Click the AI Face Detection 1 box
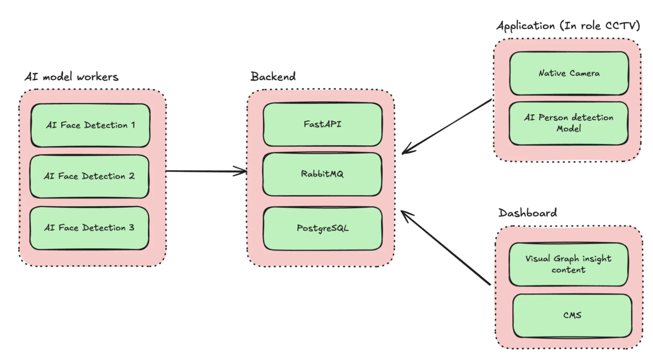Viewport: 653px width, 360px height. (x=90, y=125)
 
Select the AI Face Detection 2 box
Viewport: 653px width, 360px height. (x=89, y=176)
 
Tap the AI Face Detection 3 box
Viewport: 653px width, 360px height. (x=89, y=228)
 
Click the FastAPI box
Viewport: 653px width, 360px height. (x=322, y=124)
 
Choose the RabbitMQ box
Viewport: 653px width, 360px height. (x=322, y=174)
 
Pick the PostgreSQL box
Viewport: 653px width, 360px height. (x=322, y=228)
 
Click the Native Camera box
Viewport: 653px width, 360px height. (x=569, y=73)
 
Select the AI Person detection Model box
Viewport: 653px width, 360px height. (x=569, y=123)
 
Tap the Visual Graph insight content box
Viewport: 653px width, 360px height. (x=568, y=264)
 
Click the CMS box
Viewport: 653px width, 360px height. (x=572, y=315)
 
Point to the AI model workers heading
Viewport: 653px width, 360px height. (x=72, y=77)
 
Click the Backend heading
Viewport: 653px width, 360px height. (x=273, y=77)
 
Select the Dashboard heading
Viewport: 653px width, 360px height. (x=528, y=213)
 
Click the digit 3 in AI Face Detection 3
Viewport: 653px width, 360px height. (x=131, y=228)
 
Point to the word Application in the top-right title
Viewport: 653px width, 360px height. (x=526, y=26)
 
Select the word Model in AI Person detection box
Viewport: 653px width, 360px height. (x=569, y=128)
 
